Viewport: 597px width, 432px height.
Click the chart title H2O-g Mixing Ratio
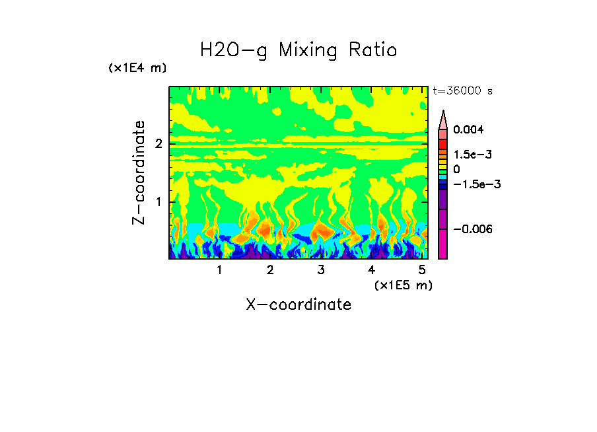[298, 50]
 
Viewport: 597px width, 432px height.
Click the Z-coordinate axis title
[139, 172]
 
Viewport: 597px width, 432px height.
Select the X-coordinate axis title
[298, 305]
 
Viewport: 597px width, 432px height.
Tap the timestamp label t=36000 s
[462, 90]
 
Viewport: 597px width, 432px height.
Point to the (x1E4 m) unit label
[137, 68]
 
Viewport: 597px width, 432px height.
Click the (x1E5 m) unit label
[403, 285]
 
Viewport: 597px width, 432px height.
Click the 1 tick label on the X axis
[219, 270]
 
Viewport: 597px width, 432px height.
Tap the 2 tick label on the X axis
[270, 270]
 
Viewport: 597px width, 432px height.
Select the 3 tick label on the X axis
[320, 270]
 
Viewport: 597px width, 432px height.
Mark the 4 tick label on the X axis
[371, 270]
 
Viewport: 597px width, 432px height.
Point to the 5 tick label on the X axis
[421, 270]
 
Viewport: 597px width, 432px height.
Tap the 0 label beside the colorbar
[456, 170]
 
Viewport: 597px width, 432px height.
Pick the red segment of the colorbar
[443, 143]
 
